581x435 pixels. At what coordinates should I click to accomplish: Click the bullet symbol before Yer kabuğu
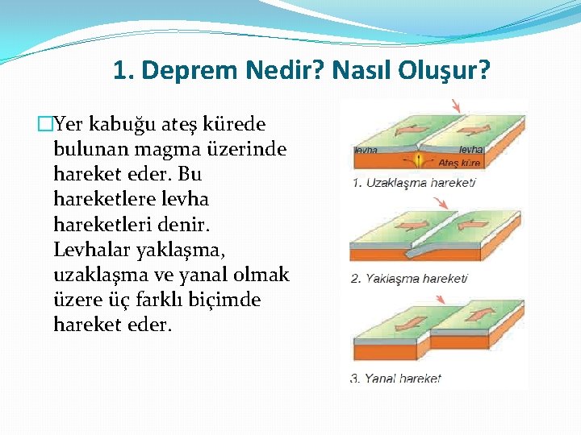44,125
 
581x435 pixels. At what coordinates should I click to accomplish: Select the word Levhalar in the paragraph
91,250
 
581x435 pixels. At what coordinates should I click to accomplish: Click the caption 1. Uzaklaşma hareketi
413,183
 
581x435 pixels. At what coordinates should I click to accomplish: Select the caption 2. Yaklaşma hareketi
409,279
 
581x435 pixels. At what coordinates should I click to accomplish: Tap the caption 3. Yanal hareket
395,379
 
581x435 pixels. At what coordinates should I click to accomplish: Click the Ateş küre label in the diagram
458,163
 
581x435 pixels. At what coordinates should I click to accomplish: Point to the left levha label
367,150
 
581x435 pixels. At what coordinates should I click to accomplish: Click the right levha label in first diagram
470,150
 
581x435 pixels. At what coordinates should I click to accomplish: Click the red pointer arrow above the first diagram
455,106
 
